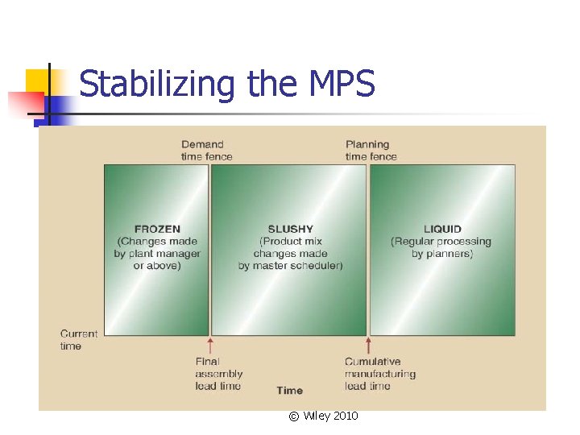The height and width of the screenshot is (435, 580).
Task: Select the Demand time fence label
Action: [206, 151]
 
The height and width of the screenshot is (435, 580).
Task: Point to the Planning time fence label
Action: [371, 151]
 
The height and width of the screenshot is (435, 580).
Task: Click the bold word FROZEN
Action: [157, 229]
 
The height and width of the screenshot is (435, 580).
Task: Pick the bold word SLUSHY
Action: [290, 229]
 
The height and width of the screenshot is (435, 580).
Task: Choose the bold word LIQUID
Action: [442, 229]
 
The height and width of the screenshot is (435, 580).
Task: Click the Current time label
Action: [78, 340]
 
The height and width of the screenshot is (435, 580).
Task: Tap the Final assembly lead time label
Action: [217, 374]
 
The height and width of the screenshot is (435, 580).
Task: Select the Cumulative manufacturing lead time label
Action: [379, 374]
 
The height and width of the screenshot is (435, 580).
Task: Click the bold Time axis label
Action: [289, 391]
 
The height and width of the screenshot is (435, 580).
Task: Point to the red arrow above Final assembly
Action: [209, 346]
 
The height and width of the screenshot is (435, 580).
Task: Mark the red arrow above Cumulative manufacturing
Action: [368, 346]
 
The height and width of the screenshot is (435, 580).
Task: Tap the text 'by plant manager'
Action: [157, 254]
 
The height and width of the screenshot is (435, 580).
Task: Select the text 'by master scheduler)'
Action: [290, 266]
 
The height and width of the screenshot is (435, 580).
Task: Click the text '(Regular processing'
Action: [441, 242]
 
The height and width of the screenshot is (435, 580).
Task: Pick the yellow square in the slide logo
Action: [39, 81]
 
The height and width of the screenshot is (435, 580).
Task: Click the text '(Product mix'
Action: [290, 242]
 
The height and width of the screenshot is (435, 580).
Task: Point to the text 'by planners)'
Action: [442, 254]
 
